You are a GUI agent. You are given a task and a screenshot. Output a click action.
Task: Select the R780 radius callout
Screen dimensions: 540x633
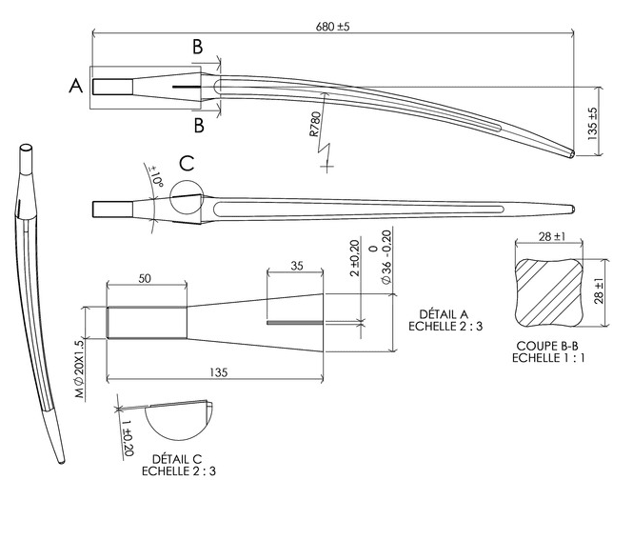pos(316,127)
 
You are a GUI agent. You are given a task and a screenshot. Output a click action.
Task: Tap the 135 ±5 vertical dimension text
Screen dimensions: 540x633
pos(591,125)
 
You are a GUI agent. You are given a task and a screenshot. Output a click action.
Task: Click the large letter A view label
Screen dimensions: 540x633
pos(76,86)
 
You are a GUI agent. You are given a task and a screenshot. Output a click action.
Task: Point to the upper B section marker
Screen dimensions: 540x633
pos(197,47)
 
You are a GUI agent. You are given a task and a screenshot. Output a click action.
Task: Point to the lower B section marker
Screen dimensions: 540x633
pos(197,125)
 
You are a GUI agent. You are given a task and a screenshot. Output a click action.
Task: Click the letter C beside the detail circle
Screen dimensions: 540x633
pos(187,163)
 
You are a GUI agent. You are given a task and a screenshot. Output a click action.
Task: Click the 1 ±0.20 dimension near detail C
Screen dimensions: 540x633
pos(126,428)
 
